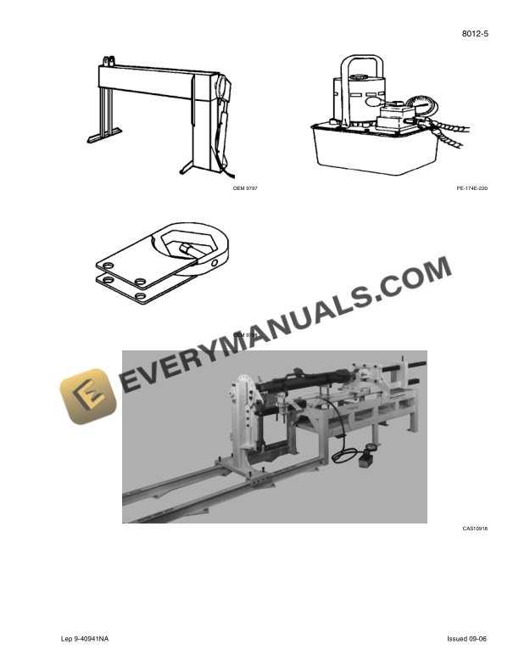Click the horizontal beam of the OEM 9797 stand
click(x=153, y=79)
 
